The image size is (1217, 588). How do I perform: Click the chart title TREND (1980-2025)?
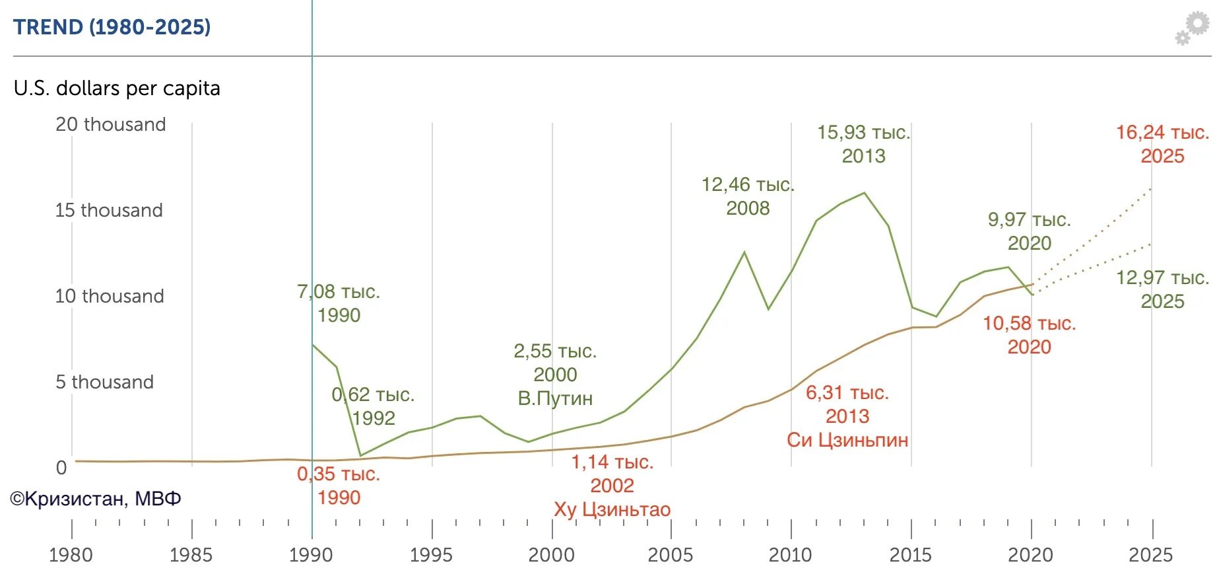pyautogui.click(x=112, y=27)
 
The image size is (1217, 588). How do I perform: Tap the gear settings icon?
pyautogui.click(x=1193, y=28)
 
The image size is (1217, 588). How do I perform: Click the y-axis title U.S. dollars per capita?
pyautogui.click(x=117, y=88)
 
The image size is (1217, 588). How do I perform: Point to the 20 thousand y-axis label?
pyautogui.click(x=110, y=124)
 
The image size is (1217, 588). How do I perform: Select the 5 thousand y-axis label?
pyautogui.click(x=104, y=382)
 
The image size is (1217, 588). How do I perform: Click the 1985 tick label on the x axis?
pyautogui.click(x=191, y=555)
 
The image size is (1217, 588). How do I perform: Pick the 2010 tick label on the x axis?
pyautogui.click(x=790, y=555)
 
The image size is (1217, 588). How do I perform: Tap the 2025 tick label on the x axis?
pyautogui.click(x=1150, y=555)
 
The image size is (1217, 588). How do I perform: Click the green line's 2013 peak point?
pyautogui.click(x=865, y=193)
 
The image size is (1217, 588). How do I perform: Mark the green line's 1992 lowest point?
pyautogui.click(x=360, y=455)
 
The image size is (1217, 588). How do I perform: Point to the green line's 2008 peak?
pyautogui.click(x=744, y=252)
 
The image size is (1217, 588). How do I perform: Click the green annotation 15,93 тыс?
pyautogui.click(x=863, y=133)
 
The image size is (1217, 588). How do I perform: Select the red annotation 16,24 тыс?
pyautogui.click(x=1162, y=133)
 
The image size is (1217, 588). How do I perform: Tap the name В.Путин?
pyautogui.click(x=555, y=398)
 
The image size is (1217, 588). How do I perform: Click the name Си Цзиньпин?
pyautogui.click(x=847, y=440)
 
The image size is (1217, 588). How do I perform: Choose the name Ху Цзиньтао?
pyautogui.click(x=612, y=509)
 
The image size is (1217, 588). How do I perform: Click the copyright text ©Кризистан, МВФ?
pyautogui.click(x=96, y=499)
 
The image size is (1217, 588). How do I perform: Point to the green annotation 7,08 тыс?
pyautogui.click(x=339, y=291)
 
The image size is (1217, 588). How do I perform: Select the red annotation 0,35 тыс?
pyautogui.click(x=339, y=474)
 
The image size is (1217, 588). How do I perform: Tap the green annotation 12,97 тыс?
pyautogui.click(x=1162, y=277)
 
